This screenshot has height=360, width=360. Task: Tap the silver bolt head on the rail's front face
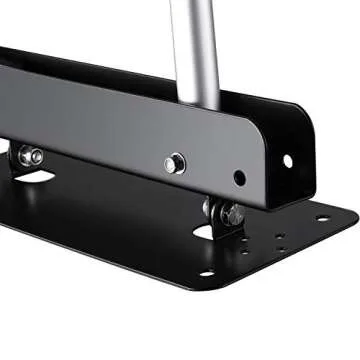(x=175, y=162)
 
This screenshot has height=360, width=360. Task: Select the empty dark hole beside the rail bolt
(x=239, y=178)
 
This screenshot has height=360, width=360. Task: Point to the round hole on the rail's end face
(x=288, y=160)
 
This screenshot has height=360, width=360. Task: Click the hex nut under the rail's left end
(x=30, y=156)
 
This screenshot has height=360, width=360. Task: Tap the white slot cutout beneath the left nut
(x=35, y=177)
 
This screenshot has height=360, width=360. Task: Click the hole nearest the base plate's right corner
(x=322, y=218)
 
